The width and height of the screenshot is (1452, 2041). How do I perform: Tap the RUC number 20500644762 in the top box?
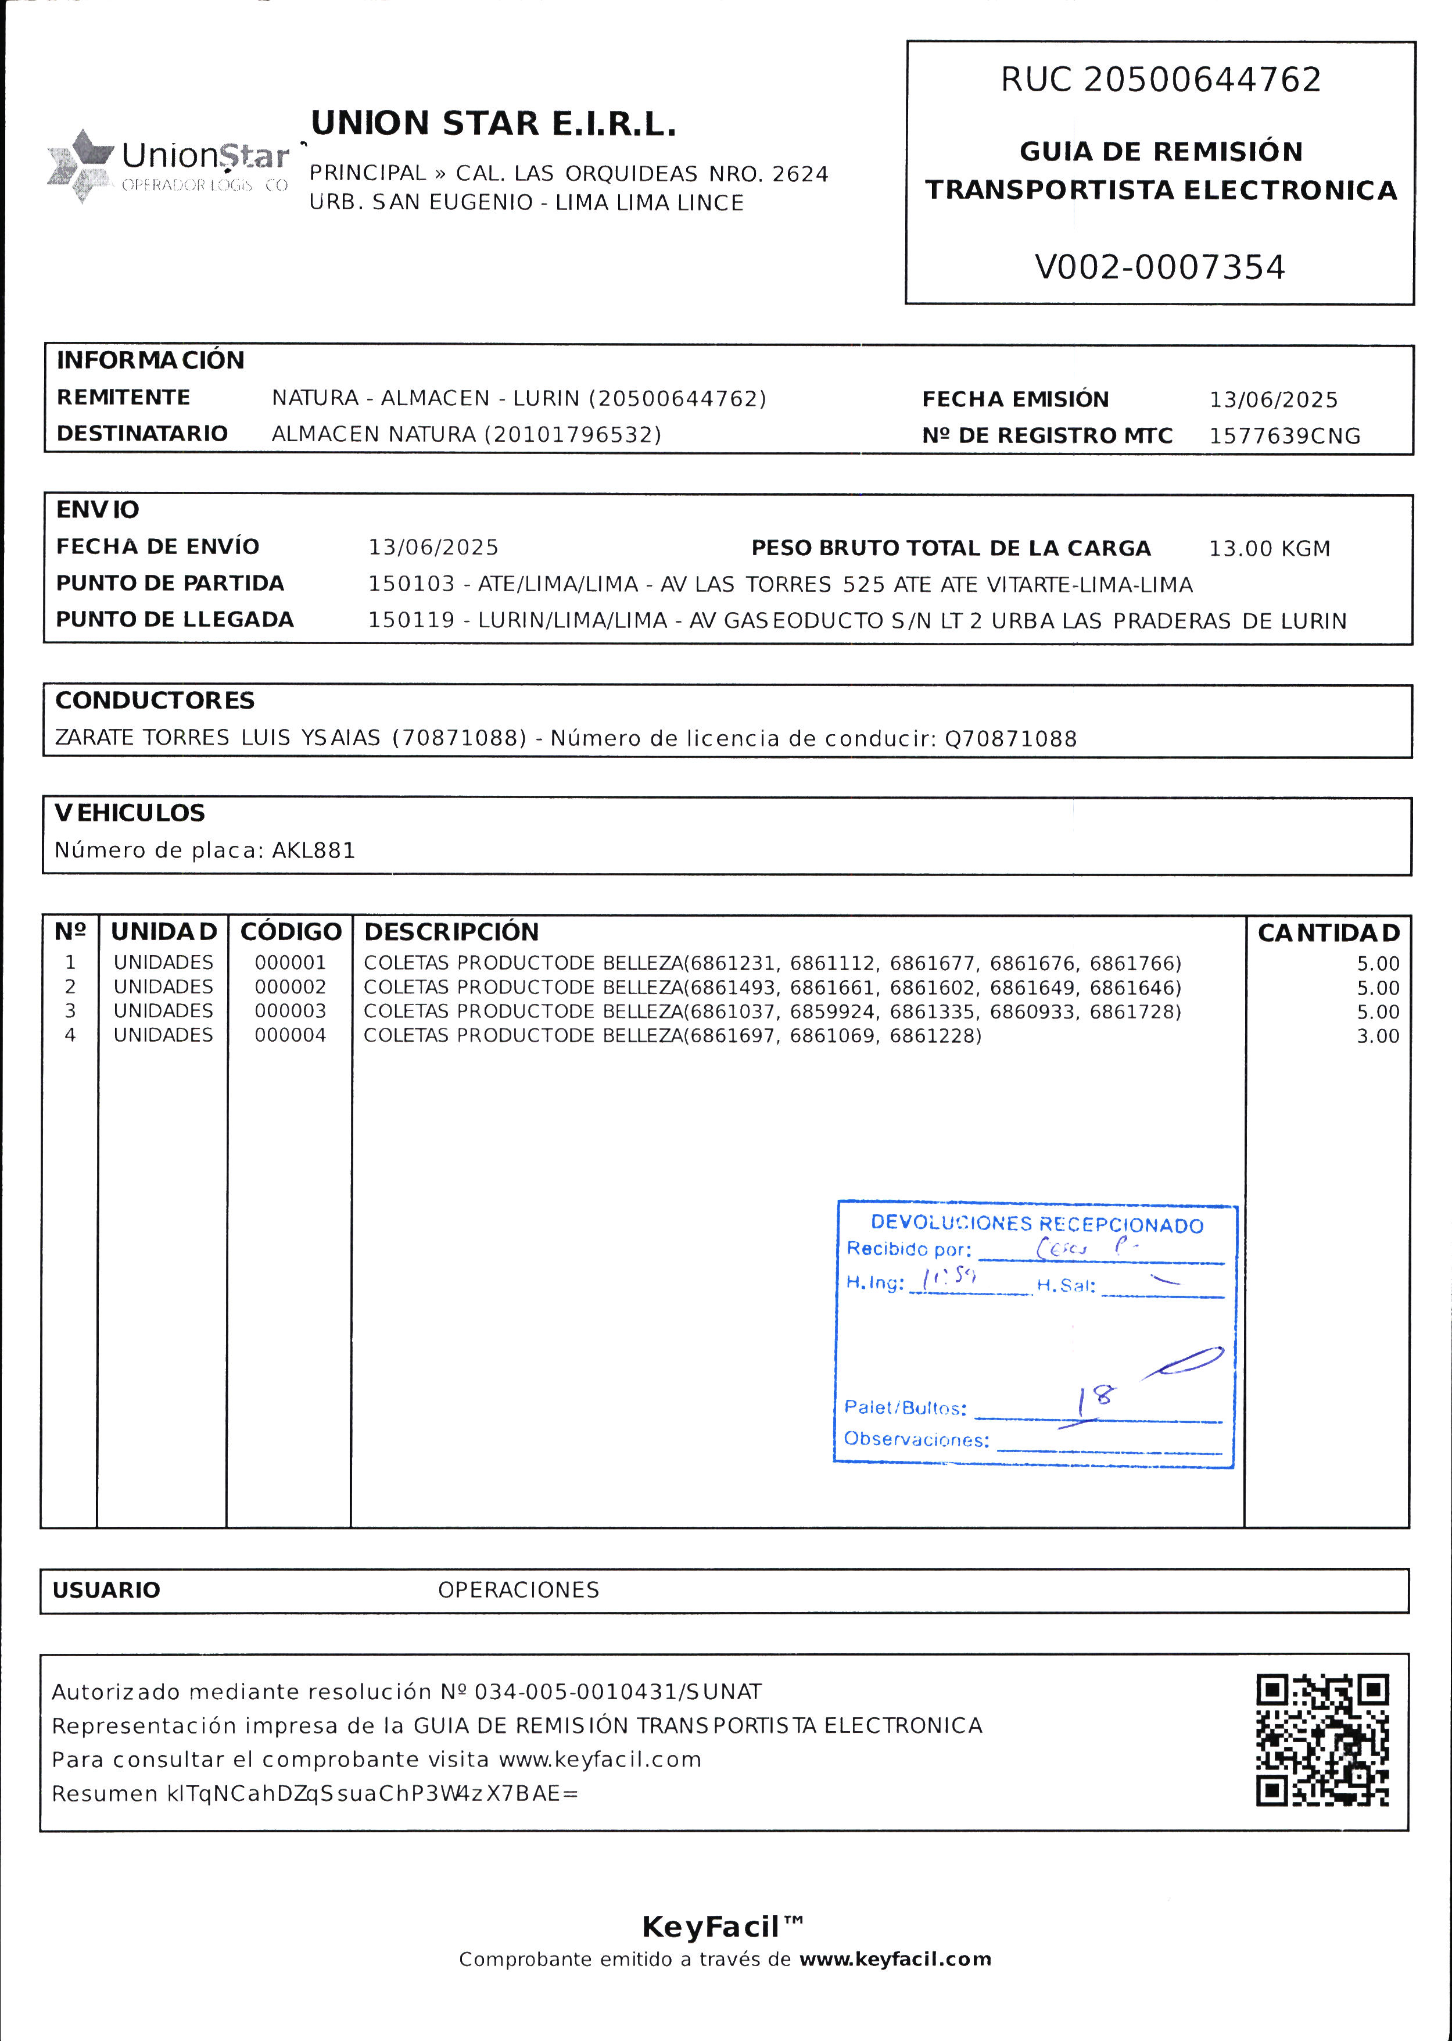[x=1202, y=80]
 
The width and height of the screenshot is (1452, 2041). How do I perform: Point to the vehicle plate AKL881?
[x=314, y=850]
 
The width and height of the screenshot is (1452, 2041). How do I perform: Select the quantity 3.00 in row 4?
[x=1378, y=1036]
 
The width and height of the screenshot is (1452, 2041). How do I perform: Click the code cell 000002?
[x=291, y=988]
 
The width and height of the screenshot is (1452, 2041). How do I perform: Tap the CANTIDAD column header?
[x=1329, y=933]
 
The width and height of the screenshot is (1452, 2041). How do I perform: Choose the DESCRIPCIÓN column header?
[x=451, y=932]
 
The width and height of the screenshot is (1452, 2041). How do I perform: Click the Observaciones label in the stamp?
[x=916, y=1439]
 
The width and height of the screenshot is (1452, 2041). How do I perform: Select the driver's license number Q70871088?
[x=1010, y=739]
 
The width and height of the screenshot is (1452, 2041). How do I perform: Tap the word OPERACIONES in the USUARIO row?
[x=518, y=1589]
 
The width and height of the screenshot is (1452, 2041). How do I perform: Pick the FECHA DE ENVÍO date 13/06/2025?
[x=433, y=548]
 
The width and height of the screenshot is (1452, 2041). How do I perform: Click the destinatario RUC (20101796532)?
[x=572, y=435]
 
